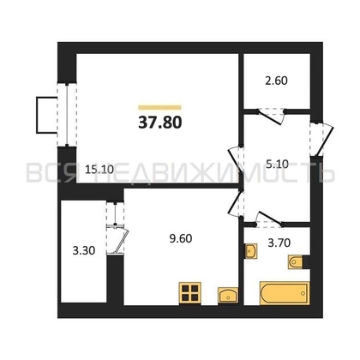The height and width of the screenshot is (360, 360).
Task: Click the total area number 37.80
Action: coord(160,123)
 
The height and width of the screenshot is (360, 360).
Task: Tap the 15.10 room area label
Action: coord(99,170)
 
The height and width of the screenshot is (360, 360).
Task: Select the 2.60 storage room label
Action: coord(276,81)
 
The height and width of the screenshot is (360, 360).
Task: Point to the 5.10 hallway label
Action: coord(277,164)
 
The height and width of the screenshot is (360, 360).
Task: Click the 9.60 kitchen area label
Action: coord(181,238)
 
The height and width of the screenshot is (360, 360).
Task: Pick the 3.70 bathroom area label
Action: coord(279,243)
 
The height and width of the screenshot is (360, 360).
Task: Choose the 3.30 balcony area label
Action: coord(84,251)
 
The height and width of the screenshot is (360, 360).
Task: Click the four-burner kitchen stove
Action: coord(190,293)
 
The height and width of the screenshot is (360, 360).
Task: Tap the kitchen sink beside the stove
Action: coord(228,296)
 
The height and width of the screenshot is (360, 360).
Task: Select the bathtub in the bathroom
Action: coord(285,293)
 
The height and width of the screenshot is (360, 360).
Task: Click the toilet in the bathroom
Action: coord(295,262)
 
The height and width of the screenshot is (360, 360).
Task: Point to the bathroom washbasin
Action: coord(251,251)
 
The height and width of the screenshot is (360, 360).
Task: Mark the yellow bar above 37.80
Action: coord(159,108)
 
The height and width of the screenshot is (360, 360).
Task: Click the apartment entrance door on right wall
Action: coord(322,139)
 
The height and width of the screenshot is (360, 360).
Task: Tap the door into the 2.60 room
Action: coord(271,116)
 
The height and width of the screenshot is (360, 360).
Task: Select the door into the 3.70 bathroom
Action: coord(268,220)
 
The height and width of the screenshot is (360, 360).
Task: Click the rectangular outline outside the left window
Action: coord(46,115)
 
